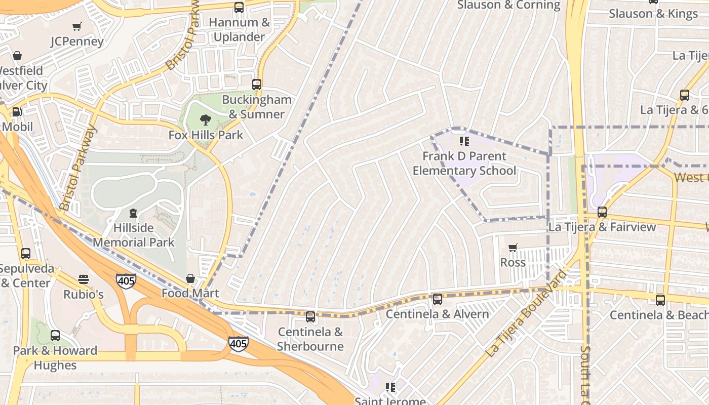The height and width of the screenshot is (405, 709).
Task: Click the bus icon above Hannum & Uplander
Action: (x=239, y=8)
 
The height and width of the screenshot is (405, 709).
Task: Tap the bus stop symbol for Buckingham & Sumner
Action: (x=257, y=85)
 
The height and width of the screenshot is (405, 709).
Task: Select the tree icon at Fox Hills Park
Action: (x=206, y=120)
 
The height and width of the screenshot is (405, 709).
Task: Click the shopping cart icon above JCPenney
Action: (x=77, y=26)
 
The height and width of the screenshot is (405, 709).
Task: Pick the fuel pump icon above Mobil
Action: (x=17, y=112)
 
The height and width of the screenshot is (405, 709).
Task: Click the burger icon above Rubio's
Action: (x=84, y=279)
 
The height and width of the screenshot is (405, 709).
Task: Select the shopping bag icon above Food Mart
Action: (x=190, y=278)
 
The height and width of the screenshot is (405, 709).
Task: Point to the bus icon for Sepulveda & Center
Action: (x=26, y=253)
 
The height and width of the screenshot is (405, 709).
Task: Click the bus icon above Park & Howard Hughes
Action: (x=55, y=335)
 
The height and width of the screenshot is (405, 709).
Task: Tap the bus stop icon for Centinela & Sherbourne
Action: (x=310, y=317)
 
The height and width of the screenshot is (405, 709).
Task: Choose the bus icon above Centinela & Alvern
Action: (x=438, y=299)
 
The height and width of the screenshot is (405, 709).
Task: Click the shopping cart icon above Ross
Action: (x=513, y=248)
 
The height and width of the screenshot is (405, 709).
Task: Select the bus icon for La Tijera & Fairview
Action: (x=602, y=212)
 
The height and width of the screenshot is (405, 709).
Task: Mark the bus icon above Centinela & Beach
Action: (x=660, y=300)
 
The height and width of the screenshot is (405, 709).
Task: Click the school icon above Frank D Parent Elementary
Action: (x=464, y=141)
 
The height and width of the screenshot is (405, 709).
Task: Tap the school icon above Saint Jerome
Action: (x=390, y=387)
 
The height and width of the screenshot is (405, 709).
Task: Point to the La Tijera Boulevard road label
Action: (x=525, y=314)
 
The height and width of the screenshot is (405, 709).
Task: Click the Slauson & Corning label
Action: (x=508, y=5)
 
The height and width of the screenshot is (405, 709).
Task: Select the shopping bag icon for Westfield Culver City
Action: (x=17, y=56)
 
